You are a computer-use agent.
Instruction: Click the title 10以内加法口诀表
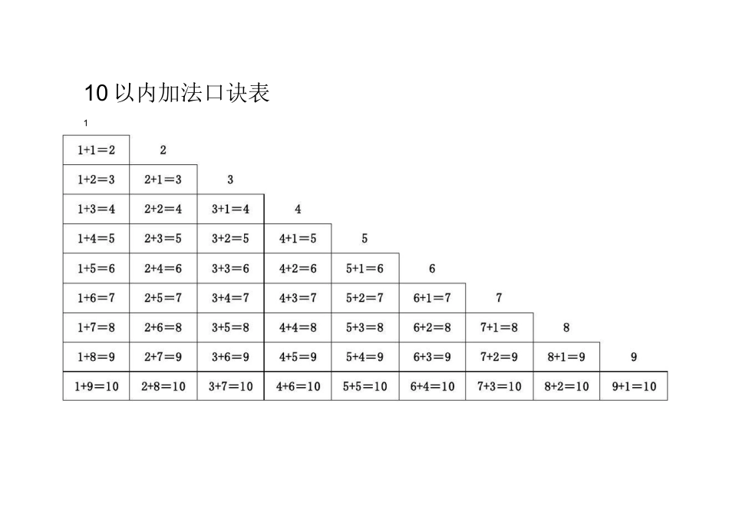[x=176, y=94]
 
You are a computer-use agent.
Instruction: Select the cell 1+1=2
[x=96, y=150]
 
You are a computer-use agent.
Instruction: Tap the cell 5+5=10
[x=365, y=386]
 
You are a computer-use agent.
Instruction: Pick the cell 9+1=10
[x=634, y=386]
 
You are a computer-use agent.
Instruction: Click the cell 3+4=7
[x=230, y=298]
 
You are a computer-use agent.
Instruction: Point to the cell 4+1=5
[x=298, y=239]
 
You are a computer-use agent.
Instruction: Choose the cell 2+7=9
[x=163, y=357]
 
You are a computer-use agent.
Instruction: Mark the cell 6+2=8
[x=432, y=328]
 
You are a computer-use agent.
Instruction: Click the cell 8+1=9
[x=566, y=357]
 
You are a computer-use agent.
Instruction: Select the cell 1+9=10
[x=96, y=386]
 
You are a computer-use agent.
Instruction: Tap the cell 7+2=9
[x=499, y=357]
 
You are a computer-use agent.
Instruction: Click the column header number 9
[x=634, y=357]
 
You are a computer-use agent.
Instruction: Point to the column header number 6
[x=432, y=269]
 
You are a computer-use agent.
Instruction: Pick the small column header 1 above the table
[x=87, y=124]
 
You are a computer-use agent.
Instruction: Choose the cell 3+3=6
[x=230, y=269]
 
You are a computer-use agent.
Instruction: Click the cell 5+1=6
[x=364, y=269]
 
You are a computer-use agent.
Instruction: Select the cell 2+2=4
[x=163, y=209]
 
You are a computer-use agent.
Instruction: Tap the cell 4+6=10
[x=298, y=386]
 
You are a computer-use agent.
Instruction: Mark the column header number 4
[x=298, y=209]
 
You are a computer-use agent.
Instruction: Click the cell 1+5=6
[x=96, y=269]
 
